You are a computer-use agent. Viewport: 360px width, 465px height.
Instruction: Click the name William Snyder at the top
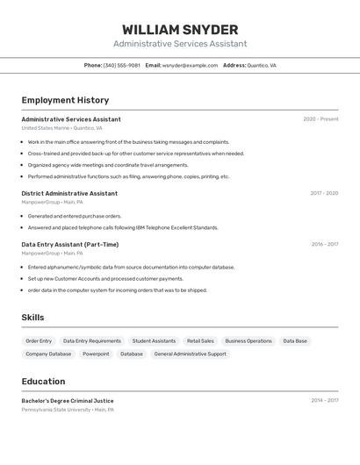pos(180,30)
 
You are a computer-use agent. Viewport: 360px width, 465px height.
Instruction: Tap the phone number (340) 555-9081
pos(122,65)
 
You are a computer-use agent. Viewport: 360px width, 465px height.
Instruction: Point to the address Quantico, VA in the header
pos(262,65)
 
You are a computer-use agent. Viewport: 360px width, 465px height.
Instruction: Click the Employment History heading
pos(65,100)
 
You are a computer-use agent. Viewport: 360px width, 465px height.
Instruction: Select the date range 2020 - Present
pos(320,119)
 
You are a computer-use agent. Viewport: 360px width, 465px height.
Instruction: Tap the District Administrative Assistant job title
pos(69,193)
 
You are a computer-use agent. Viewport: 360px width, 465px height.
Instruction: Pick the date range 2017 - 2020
pos(323,193)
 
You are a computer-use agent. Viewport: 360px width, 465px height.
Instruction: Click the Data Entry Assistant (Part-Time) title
pos(70,244)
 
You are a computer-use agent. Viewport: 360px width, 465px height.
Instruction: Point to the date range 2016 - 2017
pos(324,244)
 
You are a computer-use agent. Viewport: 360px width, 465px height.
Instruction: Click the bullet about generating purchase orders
pos(75,216)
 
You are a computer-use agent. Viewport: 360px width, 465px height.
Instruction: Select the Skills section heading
pos(32,318)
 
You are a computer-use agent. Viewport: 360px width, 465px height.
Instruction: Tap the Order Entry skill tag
pos(39,340)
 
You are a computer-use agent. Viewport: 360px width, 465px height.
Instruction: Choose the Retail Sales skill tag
pos(200,340)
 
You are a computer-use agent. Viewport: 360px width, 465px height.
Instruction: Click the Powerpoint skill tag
pos(96,354)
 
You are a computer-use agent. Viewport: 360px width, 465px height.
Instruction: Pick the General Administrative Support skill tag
pos(190,354)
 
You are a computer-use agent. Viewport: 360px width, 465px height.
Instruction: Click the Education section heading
pos(43,382)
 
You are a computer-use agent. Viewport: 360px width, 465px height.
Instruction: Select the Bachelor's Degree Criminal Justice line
pos(68,401)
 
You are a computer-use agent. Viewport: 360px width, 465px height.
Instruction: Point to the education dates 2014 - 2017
pos(324,401)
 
